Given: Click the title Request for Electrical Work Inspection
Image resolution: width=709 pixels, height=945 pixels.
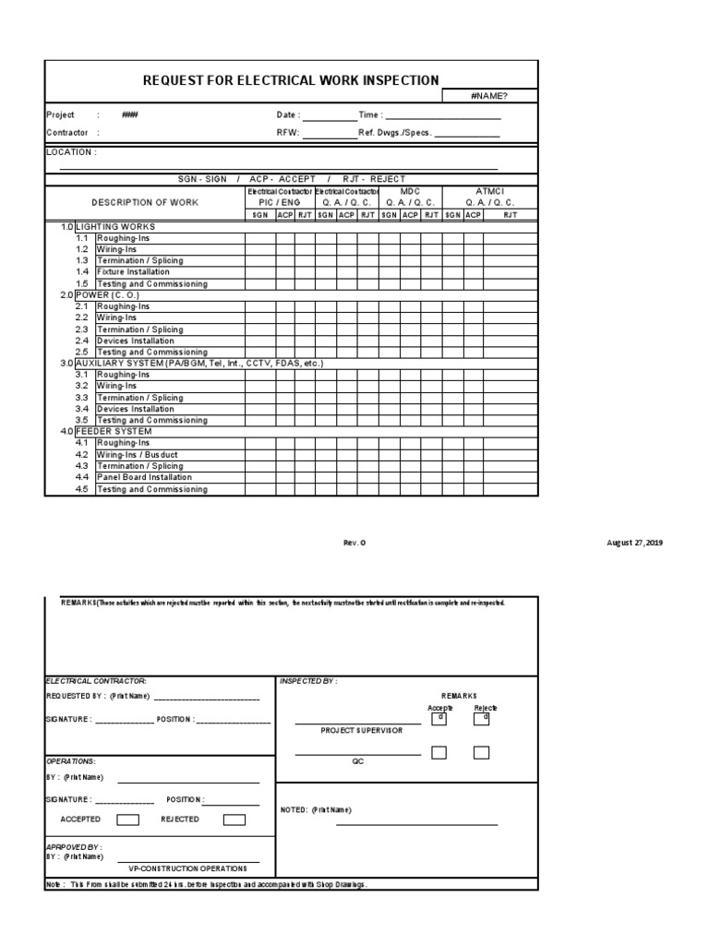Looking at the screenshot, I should [x=291, y=80].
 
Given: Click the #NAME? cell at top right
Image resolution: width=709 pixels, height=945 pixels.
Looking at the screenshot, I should [x=489, y=95].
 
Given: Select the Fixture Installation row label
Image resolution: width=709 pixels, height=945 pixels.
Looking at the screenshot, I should [x=134, y=272].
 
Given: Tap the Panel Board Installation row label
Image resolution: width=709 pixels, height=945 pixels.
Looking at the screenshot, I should [x=145, y=477].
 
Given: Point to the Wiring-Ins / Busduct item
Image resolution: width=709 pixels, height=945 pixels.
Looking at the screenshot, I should [x=138, y=454].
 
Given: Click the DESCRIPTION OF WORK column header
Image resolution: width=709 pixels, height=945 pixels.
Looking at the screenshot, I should [x=145, y=202].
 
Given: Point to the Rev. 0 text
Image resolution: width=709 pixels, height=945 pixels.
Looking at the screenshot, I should [x=354, y=543].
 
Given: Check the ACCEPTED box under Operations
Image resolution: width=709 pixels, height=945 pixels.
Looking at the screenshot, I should [x=128, y=819].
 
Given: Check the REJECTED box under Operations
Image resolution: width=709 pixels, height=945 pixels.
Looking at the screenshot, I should [x=234, y=819].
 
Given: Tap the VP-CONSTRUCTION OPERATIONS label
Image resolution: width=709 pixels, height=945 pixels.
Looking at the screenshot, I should [x=187, y=868].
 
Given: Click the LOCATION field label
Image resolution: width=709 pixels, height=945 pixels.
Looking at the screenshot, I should [x=71, y=152].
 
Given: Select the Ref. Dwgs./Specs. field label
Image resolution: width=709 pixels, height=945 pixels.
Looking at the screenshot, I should [x=395, y=133].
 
